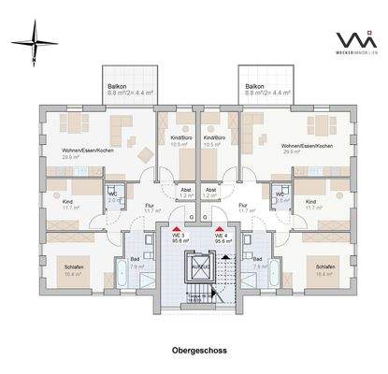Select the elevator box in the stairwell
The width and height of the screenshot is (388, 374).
199,266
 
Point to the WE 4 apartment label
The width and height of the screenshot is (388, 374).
222,237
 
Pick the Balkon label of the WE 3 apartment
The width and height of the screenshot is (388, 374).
117,85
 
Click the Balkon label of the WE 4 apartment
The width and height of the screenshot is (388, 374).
255,85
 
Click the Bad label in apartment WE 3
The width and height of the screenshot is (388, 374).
135,257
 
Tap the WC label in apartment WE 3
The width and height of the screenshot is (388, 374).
114,194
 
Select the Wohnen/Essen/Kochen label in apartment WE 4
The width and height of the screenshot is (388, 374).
311,147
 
